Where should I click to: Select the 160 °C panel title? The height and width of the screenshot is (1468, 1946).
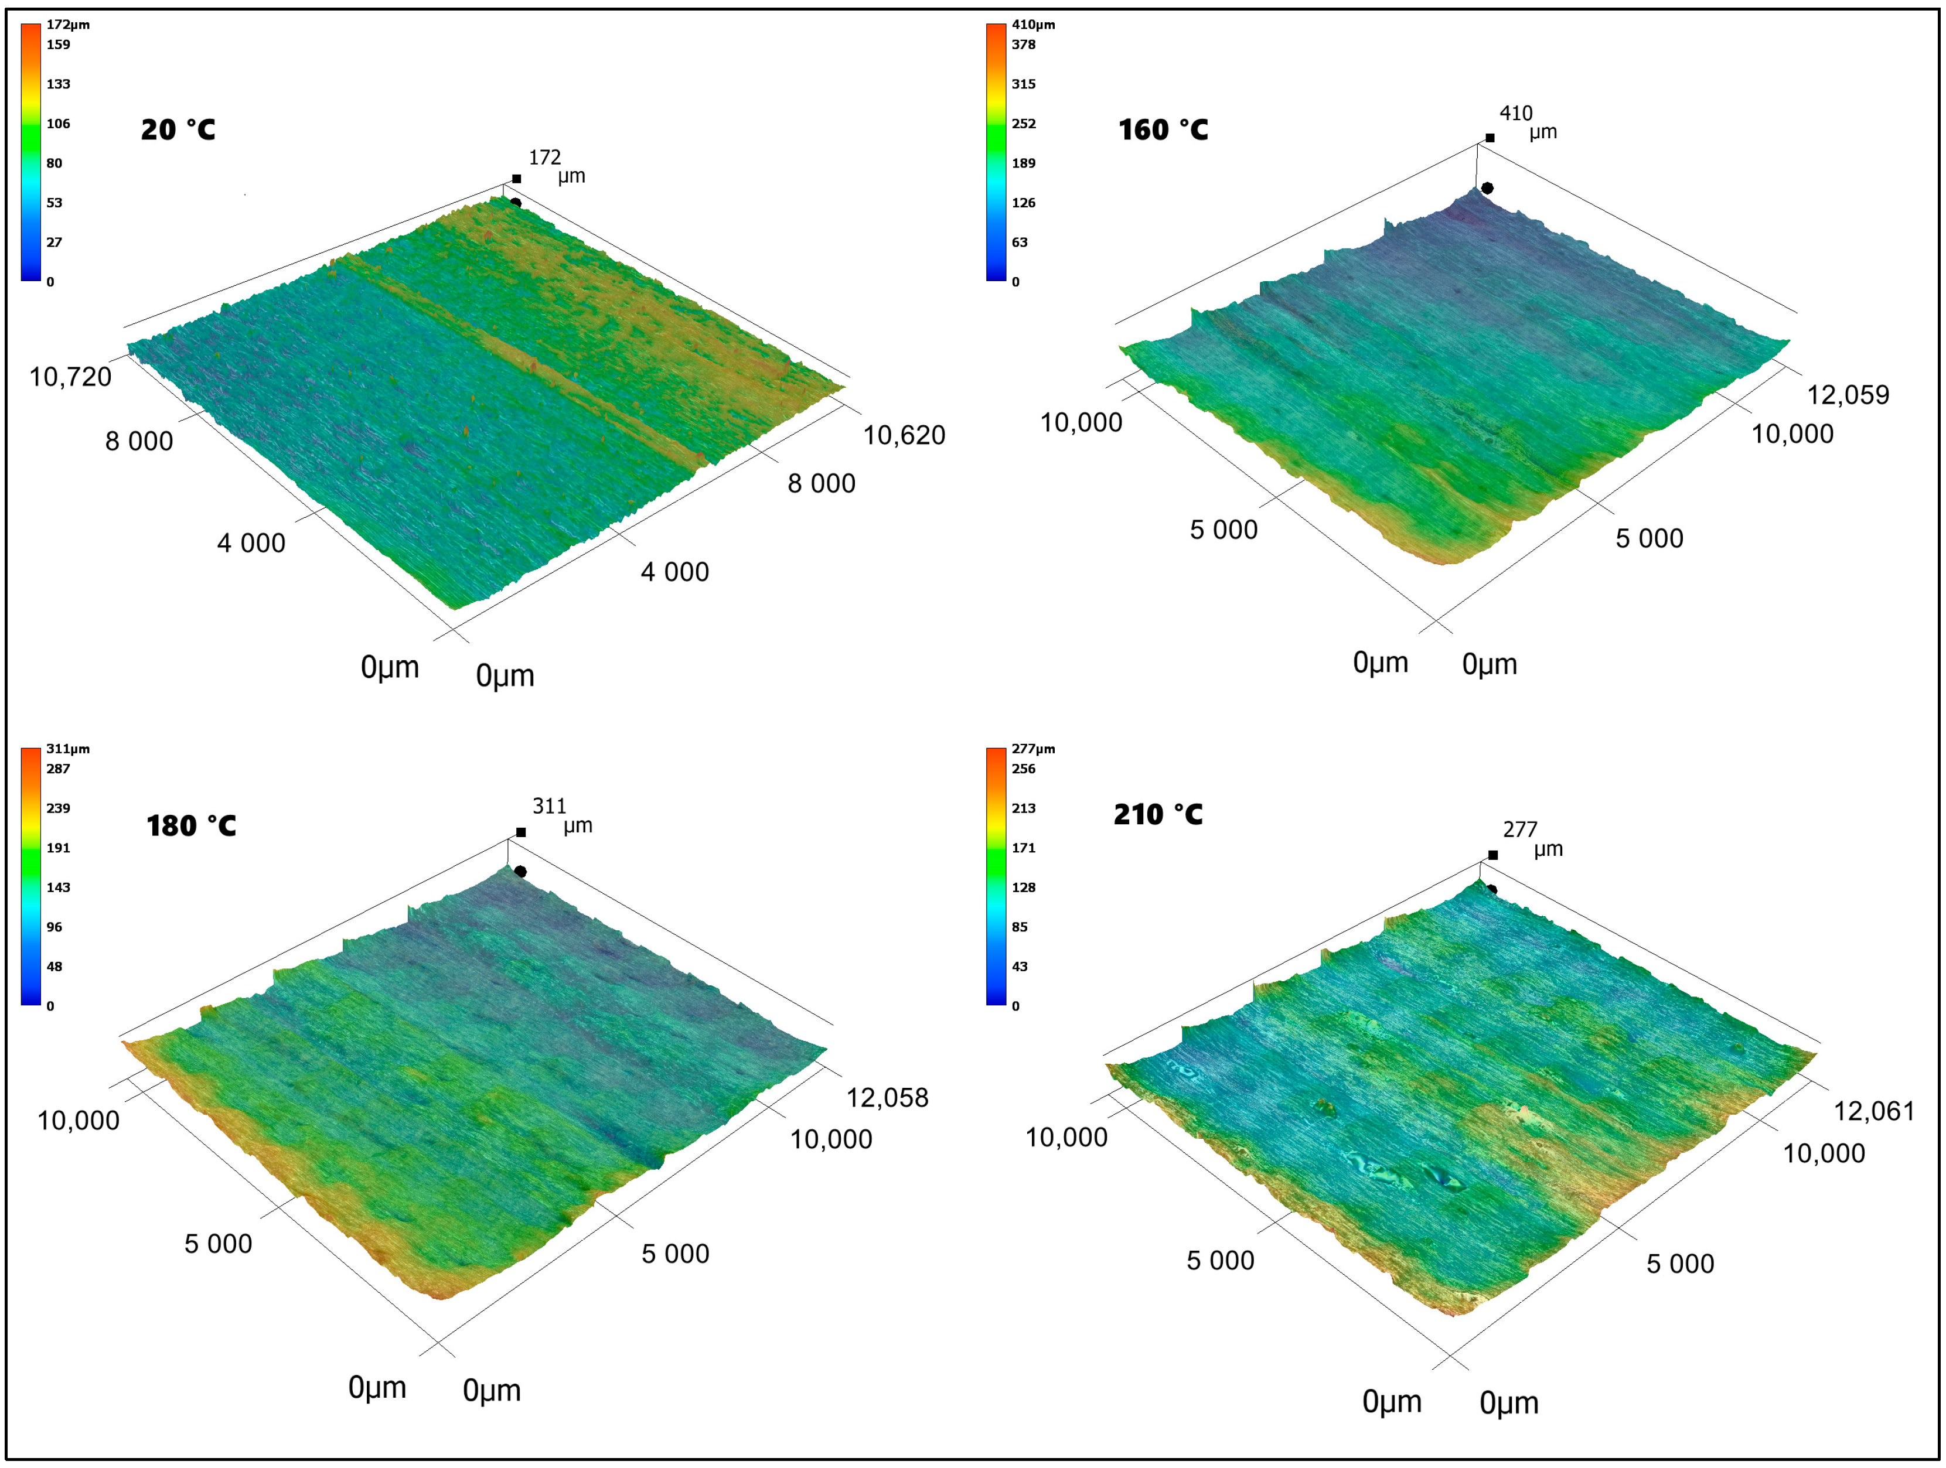pos(1163,130)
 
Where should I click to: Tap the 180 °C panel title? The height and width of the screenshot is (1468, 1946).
pos(191,826)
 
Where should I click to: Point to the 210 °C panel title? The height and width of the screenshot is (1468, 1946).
pos(1158,814)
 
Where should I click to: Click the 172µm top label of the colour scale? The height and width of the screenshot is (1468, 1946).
pos(68,25)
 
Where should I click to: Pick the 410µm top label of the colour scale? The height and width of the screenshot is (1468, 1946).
pos(1033,25)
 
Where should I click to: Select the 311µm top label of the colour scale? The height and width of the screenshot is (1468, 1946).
pos(68,749)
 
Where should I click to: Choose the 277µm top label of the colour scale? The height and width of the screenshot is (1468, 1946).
pos(1033,749)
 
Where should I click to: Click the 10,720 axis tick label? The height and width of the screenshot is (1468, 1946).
pos(70,377)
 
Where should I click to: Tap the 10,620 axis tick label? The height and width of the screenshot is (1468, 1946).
pos(904,435)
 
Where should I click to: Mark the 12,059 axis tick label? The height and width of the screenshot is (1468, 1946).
pos(1848,395)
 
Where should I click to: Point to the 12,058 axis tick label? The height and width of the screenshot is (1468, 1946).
pos(887,1098)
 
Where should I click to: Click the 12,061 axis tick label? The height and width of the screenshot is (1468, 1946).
pos(1874,1111)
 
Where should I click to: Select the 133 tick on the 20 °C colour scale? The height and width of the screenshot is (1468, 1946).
pos(58,84)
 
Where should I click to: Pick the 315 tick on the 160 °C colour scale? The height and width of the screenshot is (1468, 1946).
pos(1023,84)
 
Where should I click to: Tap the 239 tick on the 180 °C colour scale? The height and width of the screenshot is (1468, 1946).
pos(58,808)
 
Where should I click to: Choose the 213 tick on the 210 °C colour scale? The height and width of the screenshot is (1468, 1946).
pos(1023,808)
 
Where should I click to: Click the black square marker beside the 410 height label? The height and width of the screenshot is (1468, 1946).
pos(1490,138)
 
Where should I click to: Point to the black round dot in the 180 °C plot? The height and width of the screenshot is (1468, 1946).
pos(521,872)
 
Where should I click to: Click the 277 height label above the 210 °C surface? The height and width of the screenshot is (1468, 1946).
pos(1519,829)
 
